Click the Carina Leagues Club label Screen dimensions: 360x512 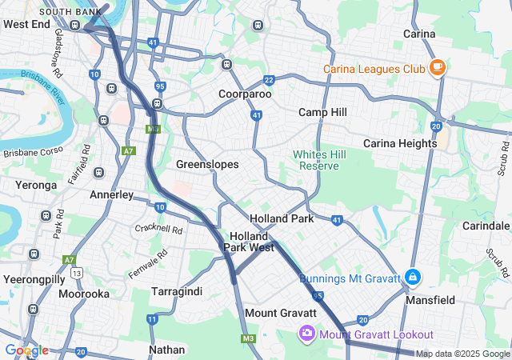click(x=374, y=69)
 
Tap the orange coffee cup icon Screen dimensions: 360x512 click(x=437, y=68)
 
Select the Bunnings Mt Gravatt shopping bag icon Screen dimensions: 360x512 click(x=412, y=278)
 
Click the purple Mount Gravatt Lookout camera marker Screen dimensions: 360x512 click(x=306, y=334)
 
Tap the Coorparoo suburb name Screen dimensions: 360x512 click(x=245, y=94)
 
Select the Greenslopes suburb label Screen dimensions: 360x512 click(x=207, y=164)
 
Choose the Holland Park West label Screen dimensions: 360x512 click(x=249, y=242)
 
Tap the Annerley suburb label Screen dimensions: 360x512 click(x=112, y=194)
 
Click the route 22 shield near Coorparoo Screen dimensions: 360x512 click(x=269, y=80)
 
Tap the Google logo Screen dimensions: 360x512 click(x=26, y=350)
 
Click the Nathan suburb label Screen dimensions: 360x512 click(x=166, y=350)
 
